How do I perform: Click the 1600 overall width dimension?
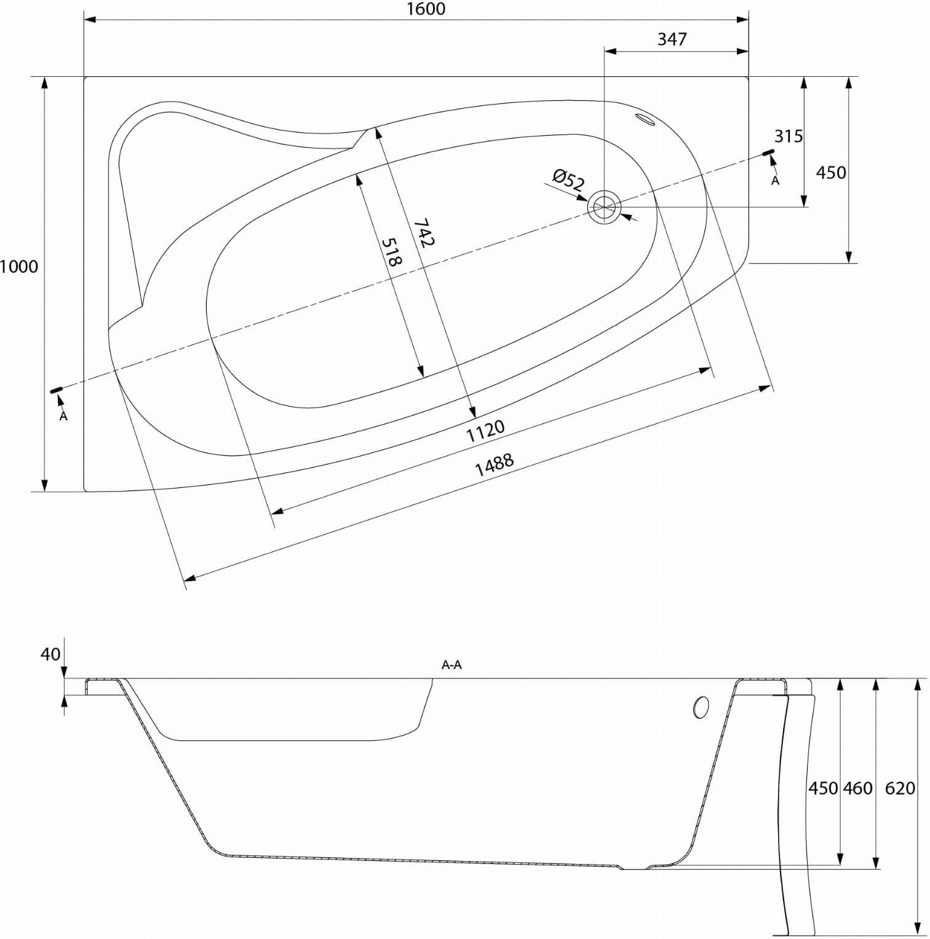426,9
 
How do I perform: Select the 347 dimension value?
672,39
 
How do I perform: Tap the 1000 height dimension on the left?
18,267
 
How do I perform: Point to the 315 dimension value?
789,136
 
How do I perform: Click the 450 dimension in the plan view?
831,173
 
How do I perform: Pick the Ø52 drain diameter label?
568,180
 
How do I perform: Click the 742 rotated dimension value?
424,233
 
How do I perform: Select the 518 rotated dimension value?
392,251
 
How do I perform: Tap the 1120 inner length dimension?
485,431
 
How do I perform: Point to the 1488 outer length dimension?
494,465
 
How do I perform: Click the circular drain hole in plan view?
605,207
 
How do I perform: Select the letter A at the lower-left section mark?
63,416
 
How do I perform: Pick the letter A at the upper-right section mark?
776,181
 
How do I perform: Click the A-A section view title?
451,664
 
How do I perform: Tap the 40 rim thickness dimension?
50,654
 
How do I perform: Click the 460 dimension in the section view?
858,788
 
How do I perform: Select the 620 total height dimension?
900,788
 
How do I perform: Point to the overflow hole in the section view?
701,707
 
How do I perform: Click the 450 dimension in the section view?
823,788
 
